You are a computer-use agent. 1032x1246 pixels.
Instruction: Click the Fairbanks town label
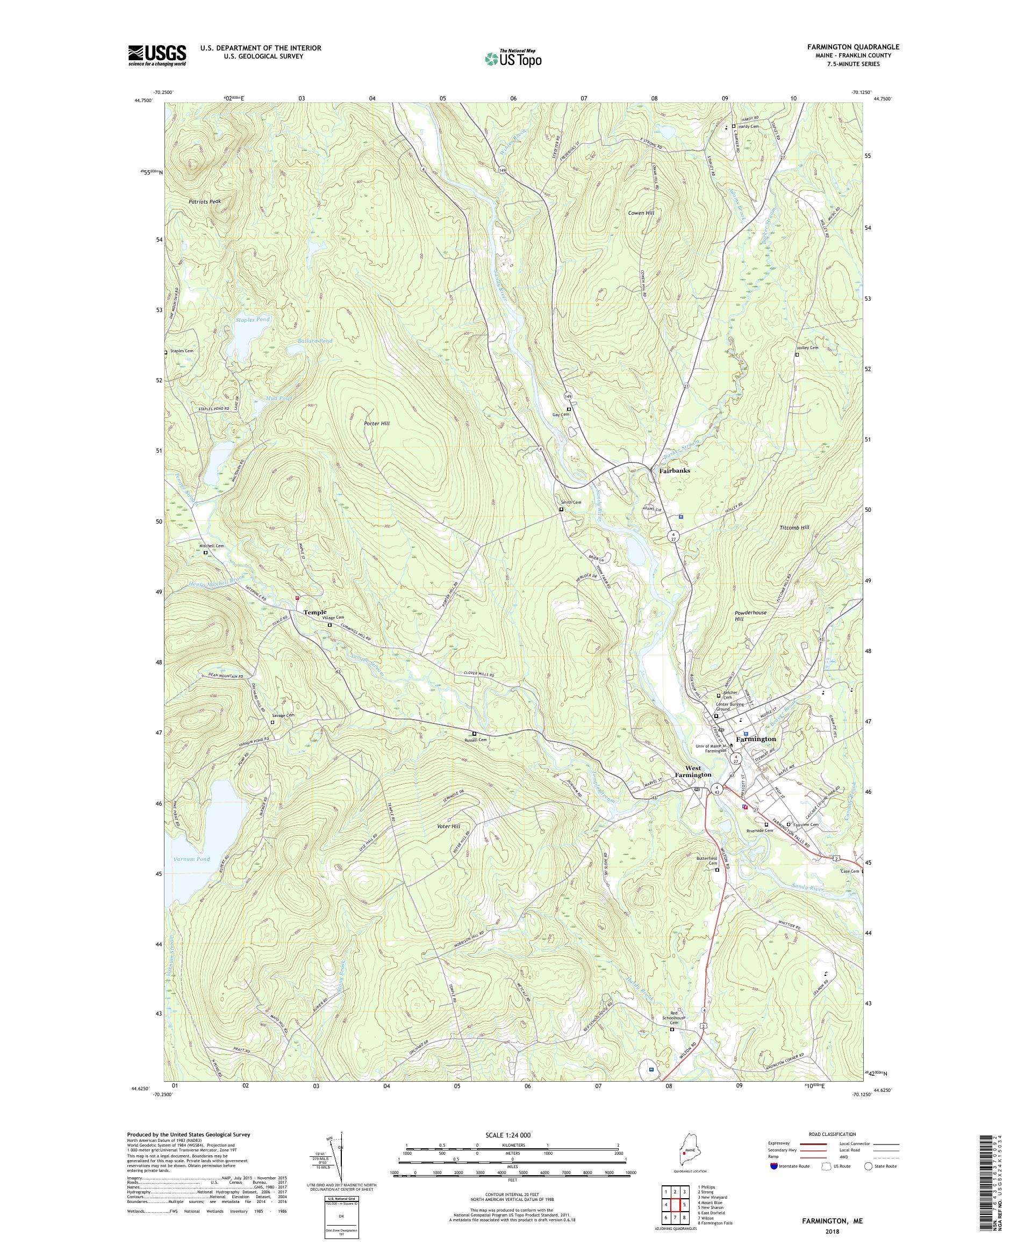point(674,470)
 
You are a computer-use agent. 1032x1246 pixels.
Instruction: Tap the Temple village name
point(315,612)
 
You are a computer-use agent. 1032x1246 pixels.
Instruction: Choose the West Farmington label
point(692,771)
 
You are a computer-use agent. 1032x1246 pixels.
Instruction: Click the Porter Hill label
point(377,424)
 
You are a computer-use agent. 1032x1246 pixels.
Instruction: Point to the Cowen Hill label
point(641,213)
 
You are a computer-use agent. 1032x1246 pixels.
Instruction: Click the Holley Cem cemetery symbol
point(797,355)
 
